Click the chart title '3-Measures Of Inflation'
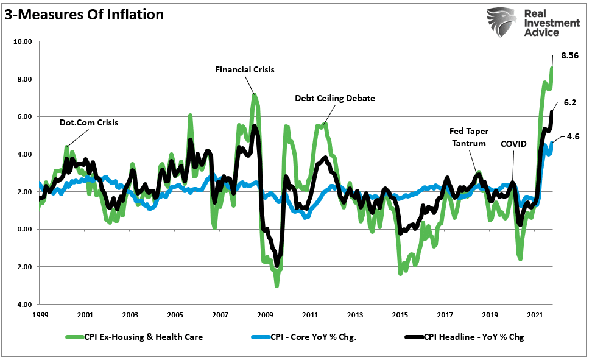pos(85,15)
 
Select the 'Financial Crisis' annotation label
pos(245,69)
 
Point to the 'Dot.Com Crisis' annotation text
pos(88,122)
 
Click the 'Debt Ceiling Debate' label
pos(335,97)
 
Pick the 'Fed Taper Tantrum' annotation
pos(468,137)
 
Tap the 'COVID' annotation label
pos(513,144)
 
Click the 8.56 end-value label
pos(569,55)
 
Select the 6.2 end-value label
pos(569,103)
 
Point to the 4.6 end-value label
pos(572,137)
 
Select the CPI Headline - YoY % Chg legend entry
pos(463,336)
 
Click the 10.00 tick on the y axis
pos(23,41)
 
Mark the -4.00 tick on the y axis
pos(23,305)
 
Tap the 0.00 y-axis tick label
pos(24,230)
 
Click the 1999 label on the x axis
pos(40,315)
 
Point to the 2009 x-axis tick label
pos(265,315)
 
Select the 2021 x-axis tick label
pos(535,315)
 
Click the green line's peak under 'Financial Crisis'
pos(255,95)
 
